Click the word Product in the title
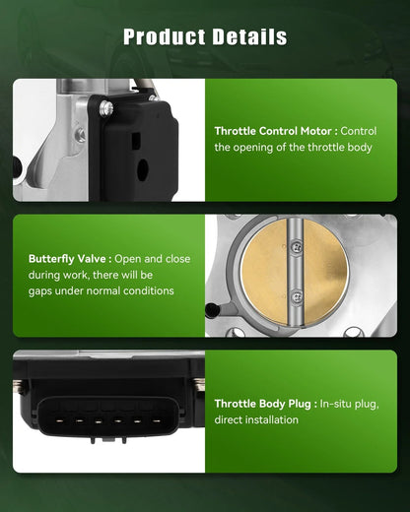165,36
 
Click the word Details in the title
249,36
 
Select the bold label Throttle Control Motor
273,131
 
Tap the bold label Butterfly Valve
67,259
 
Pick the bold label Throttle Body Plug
262,404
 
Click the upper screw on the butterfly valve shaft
297,246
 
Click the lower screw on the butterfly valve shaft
297,296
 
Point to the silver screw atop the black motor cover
106,108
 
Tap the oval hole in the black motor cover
143,169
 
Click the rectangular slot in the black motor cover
136,141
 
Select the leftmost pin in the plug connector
59,420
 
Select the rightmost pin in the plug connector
157,420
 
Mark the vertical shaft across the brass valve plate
295,273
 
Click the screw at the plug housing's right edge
199,384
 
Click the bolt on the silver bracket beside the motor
80,135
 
